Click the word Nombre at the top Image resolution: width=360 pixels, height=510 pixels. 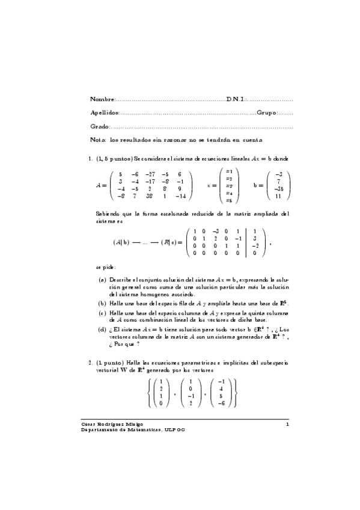101,99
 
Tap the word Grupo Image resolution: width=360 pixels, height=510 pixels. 267,113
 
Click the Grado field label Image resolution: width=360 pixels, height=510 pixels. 99,127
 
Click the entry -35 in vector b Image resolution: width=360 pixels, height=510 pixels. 278,188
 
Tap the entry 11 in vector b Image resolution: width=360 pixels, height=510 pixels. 278,196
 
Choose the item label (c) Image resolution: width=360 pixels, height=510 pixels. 103,313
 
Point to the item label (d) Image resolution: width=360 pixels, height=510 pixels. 103,330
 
